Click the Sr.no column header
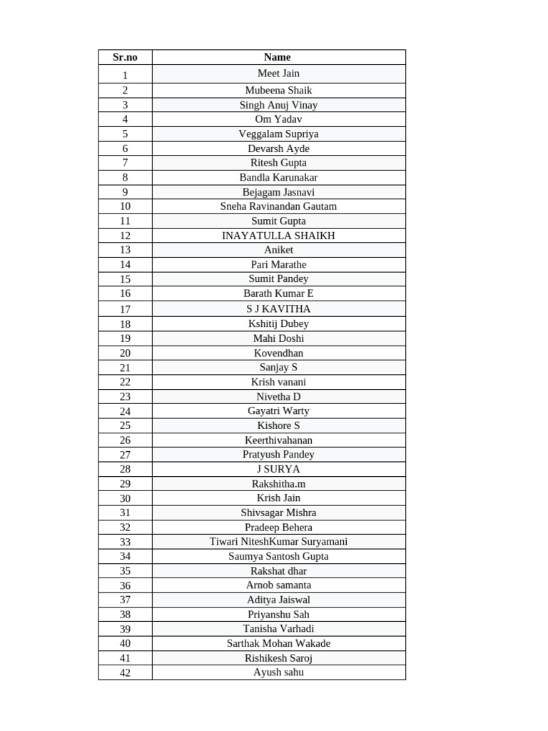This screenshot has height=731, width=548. pyautogui.click(x=125, y=57)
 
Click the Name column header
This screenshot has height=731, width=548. pyautogui.click(x=278, y=57)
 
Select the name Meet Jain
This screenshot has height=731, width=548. pyautogui.click(x=278, y=74)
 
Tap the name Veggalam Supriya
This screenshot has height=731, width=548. pyautogui.click(x=278, y=134)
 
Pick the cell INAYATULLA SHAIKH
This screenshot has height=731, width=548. pyautogui.click(x=278, y=236)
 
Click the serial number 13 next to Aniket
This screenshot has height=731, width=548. pyautogui.click(x=125, y=250)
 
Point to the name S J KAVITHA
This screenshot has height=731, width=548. pyautogui.click(x=278, y=309)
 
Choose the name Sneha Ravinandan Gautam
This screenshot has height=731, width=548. pyautogui.click(x=278, y=206)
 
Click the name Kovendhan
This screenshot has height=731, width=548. pyautogui.click(x=278, y=353)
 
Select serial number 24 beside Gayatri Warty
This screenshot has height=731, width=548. pyautogui.click(x=125, y=411)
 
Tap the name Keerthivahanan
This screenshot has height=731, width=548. pyautogui.click(x=278, y=440)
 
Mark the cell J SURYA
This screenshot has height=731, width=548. pyautogui.click(x=278, y=470)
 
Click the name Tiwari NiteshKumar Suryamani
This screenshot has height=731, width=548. pyautogui.click(x=278, y=542)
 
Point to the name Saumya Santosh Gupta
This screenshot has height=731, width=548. pyautogui.click(x=278, y=557)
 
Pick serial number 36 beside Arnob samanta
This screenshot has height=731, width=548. pyautogui.click(x=125, y=585)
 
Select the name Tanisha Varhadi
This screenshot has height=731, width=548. pyautogui.click(x=278, y=629)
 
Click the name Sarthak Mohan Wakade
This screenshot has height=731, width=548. pyautogui.click(x=278, y=643)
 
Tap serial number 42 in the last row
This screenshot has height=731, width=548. pyautogui.click(x=125, y=672)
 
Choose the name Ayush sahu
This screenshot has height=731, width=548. pyautogui.click(x=278, y=672)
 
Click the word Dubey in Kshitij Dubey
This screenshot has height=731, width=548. pyautogui.click(x=295, y=324)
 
